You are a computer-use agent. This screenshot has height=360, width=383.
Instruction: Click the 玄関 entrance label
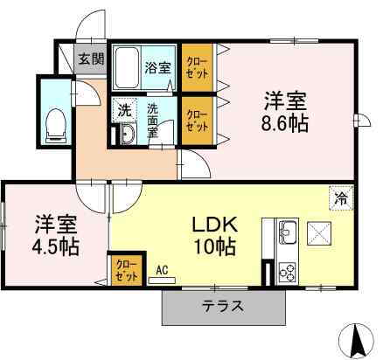pyautogui.click(x=90, y=59)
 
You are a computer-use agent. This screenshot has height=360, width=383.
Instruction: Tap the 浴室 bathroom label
pyautogui.click(x=158, y=66)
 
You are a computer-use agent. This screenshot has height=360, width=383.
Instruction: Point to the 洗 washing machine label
pyautogui.click(x=125, y=112)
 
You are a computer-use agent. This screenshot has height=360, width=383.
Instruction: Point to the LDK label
pyautogui.click(x=212, y=223)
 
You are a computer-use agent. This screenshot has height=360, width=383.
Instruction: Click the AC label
pyautogui.click(x=163, y=272)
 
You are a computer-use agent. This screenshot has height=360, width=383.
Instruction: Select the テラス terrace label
pyautogui.click(x=224, y=307)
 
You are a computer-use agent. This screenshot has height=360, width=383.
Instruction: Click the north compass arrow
pyautogui.click(x=357, y=339)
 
